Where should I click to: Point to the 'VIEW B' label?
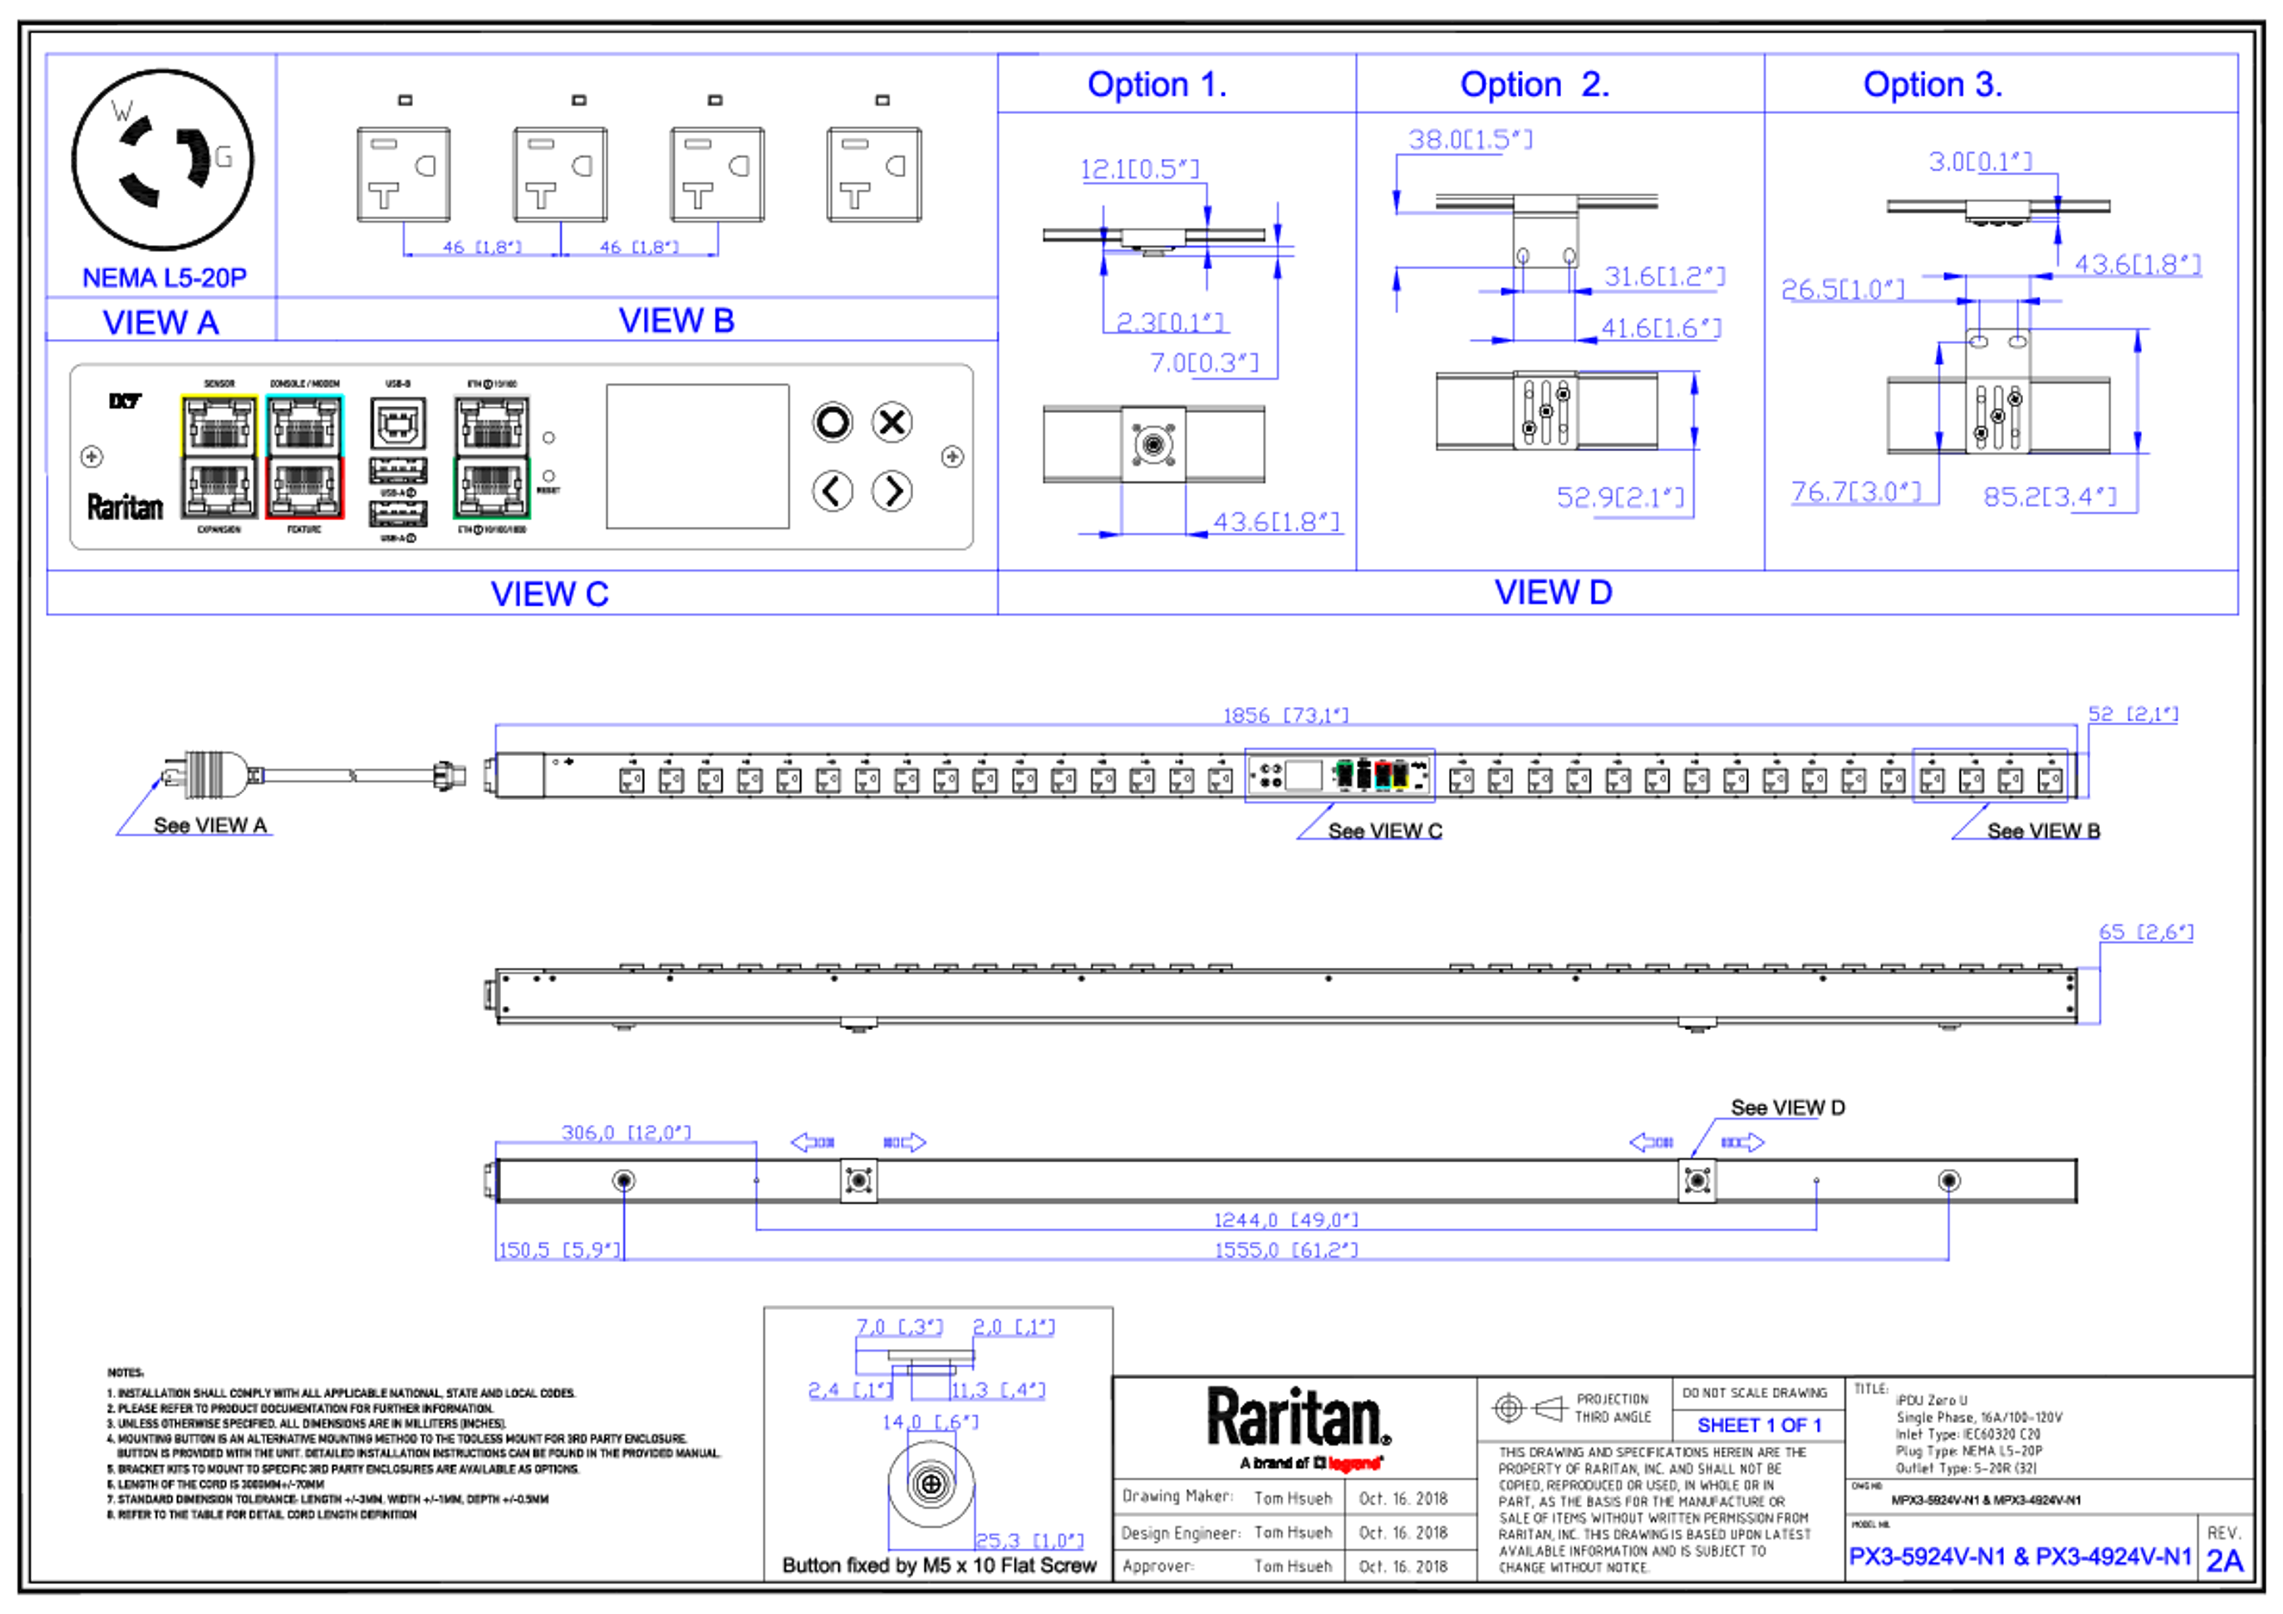(x=675, y=321)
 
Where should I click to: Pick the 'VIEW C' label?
(x=550, y=594)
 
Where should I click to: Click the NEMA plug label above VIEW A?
(x=164, y=276)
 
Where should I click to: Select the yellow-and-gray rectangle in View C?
(x=219, y=457)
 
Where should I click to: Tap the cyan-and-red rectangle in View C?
(x=304, y=457)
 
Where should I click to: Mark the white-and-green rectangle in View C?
(x=492, y=457)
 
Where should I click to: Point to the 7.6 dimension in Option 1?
(x=1204, y=364)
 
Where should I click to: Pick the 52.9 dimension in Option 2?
(x=1621, y=496)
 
